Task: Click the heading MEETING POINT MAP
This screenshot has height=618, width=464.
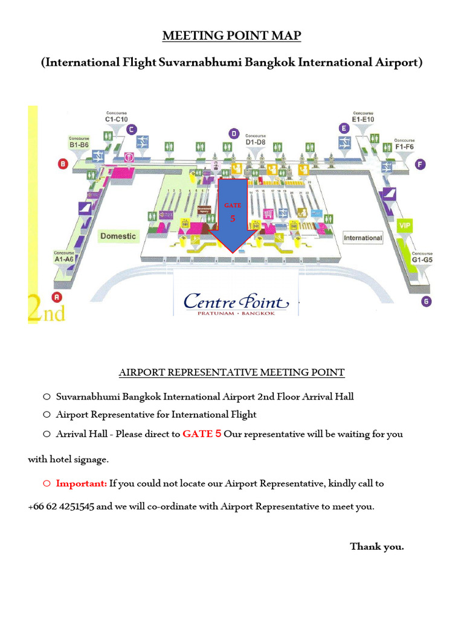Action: (231, 37)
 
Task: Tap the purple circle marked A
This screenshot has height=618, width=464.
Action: (57, 297)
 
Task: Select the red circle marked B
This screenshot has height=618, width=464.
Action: (62, 163)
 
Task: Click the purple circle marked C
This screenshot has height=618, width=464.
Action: (131, 129)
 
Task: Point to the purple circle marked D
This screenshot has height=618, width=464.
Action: (234, 133)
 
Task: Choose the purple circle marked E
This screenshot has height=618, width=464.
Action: (344, 128)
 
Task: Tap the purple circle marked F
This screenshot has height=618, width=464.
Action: (420, 164)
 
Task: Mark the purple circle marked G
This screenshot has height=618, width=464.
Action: (427, 302)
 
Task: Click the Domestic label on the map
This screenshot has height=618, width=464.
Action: (118, 236)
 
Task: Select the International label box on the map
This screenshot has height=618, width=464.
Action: (363, 238)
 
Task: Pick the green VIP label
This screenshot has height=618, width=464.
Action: (404, 225)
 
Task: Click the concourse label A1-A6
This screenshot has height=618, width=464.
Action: (63, 258)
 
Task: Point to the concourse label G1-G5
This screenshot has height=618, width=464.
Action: (422, 259)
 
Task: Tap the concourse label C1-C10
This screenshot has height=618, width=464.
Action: (116, 118)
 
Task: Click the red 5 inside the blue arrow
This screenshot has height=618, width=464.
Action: (233, 218)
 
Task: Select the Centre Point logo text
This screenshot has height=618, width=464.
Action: (236, 301)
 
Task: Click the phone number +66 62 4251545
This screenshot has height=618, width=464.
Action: (61, 506)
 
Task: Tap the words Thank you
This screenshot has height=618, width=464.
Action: (377, 547)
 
